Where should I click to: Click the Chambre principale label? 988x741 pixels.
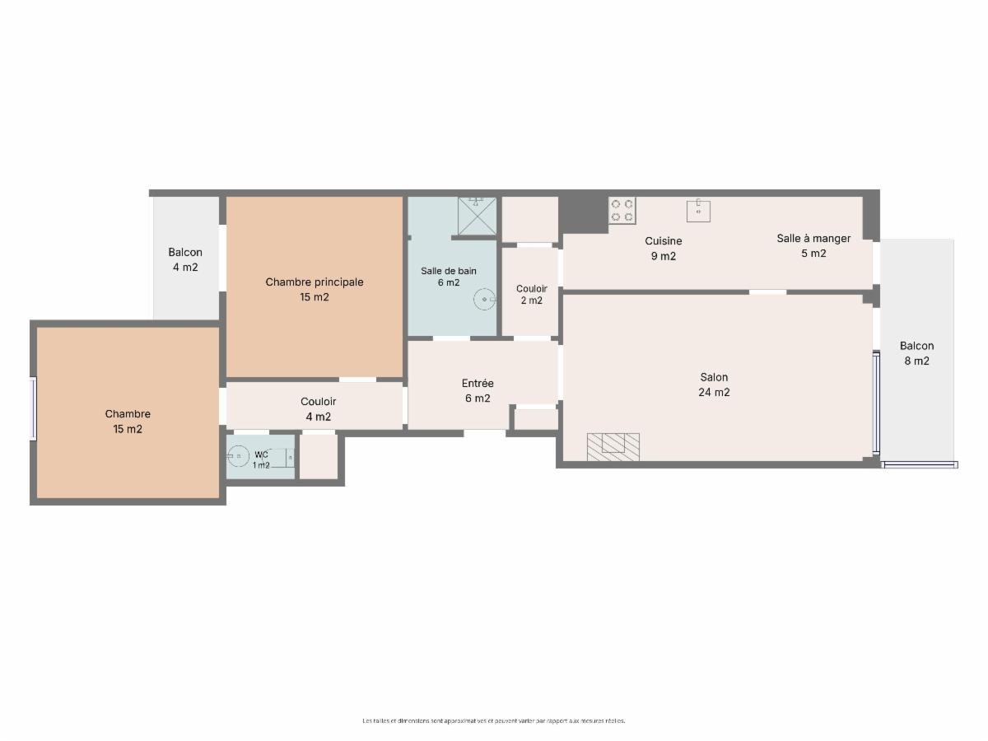[x=315, y=289]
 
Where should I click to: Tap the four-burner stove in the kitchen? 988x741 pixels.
[x=622, y=211]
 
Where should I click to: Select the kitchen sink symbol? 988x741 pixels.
[x=698, y=211]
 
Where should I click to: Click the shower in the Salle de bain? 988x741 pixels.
[x=477, y=216]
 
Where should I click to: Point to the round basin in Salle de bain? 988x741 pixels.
[x=484, y=299]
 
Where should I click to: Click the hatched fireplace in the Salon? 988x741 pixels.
[x=613, y=447]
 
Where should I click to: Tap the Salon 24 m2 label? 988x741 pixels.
[x=714, y=384]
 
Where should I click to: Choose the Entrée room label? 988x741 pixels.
[x=478, y=390]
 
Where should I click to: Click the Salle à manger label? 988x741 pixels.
[x=813, y=245]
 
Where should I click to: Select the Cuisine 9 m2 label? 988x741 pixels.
[x=663, y=249]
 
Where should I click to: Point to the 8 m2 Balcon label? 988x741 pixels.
[x=916, y=353]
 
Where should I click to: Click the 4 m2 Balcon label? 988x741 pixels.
[x=185, y=259]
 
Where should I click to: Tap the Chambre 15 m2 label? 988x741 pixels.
[x=128, y=421]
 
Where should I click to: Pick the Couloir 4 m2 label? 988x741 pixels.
[x=319, y=409]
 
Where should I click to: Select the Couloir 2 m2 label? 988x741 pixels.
[x=532, y=295]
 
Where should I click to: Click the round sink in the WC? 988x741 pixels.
[x=238, y=456]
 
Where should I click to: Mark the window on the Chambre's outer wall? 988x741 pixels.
[x=33, y=408]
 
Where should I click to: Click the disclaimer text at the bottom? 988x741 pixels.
[x=494, y=720]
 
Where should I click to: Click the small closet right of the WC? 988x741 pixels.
[x=319, y=457]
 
